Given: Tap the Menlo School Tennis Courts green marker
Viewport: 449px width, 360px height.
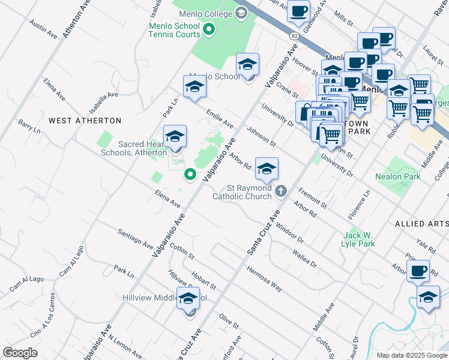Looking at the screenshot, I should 209,29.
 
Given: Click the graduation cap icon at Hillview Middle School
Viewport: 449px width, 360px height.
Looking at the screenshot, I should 188,298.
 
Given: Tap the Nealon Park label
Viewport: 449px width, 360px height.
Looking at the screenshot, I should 397,177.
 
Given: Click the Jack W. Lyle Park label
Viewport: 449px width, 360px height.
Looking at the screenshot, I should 359,239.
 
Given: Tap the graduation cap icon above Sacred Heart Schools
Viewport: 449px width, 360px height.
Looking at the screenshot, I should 175,136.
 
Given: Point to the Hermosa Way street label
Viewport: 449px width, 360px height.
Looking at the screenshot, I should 264,278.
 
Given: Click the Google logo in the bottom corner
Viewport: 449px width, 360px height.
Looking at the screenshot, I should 20,352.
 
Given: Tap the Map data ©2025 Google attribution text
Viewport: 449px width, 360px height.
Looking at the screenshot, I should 412,355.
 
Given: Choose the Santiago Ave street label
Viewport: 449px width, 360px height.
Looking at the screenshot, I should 135,239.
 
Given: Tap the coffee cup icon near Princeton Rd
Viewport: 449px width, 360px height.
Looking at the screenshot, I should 418,271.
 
